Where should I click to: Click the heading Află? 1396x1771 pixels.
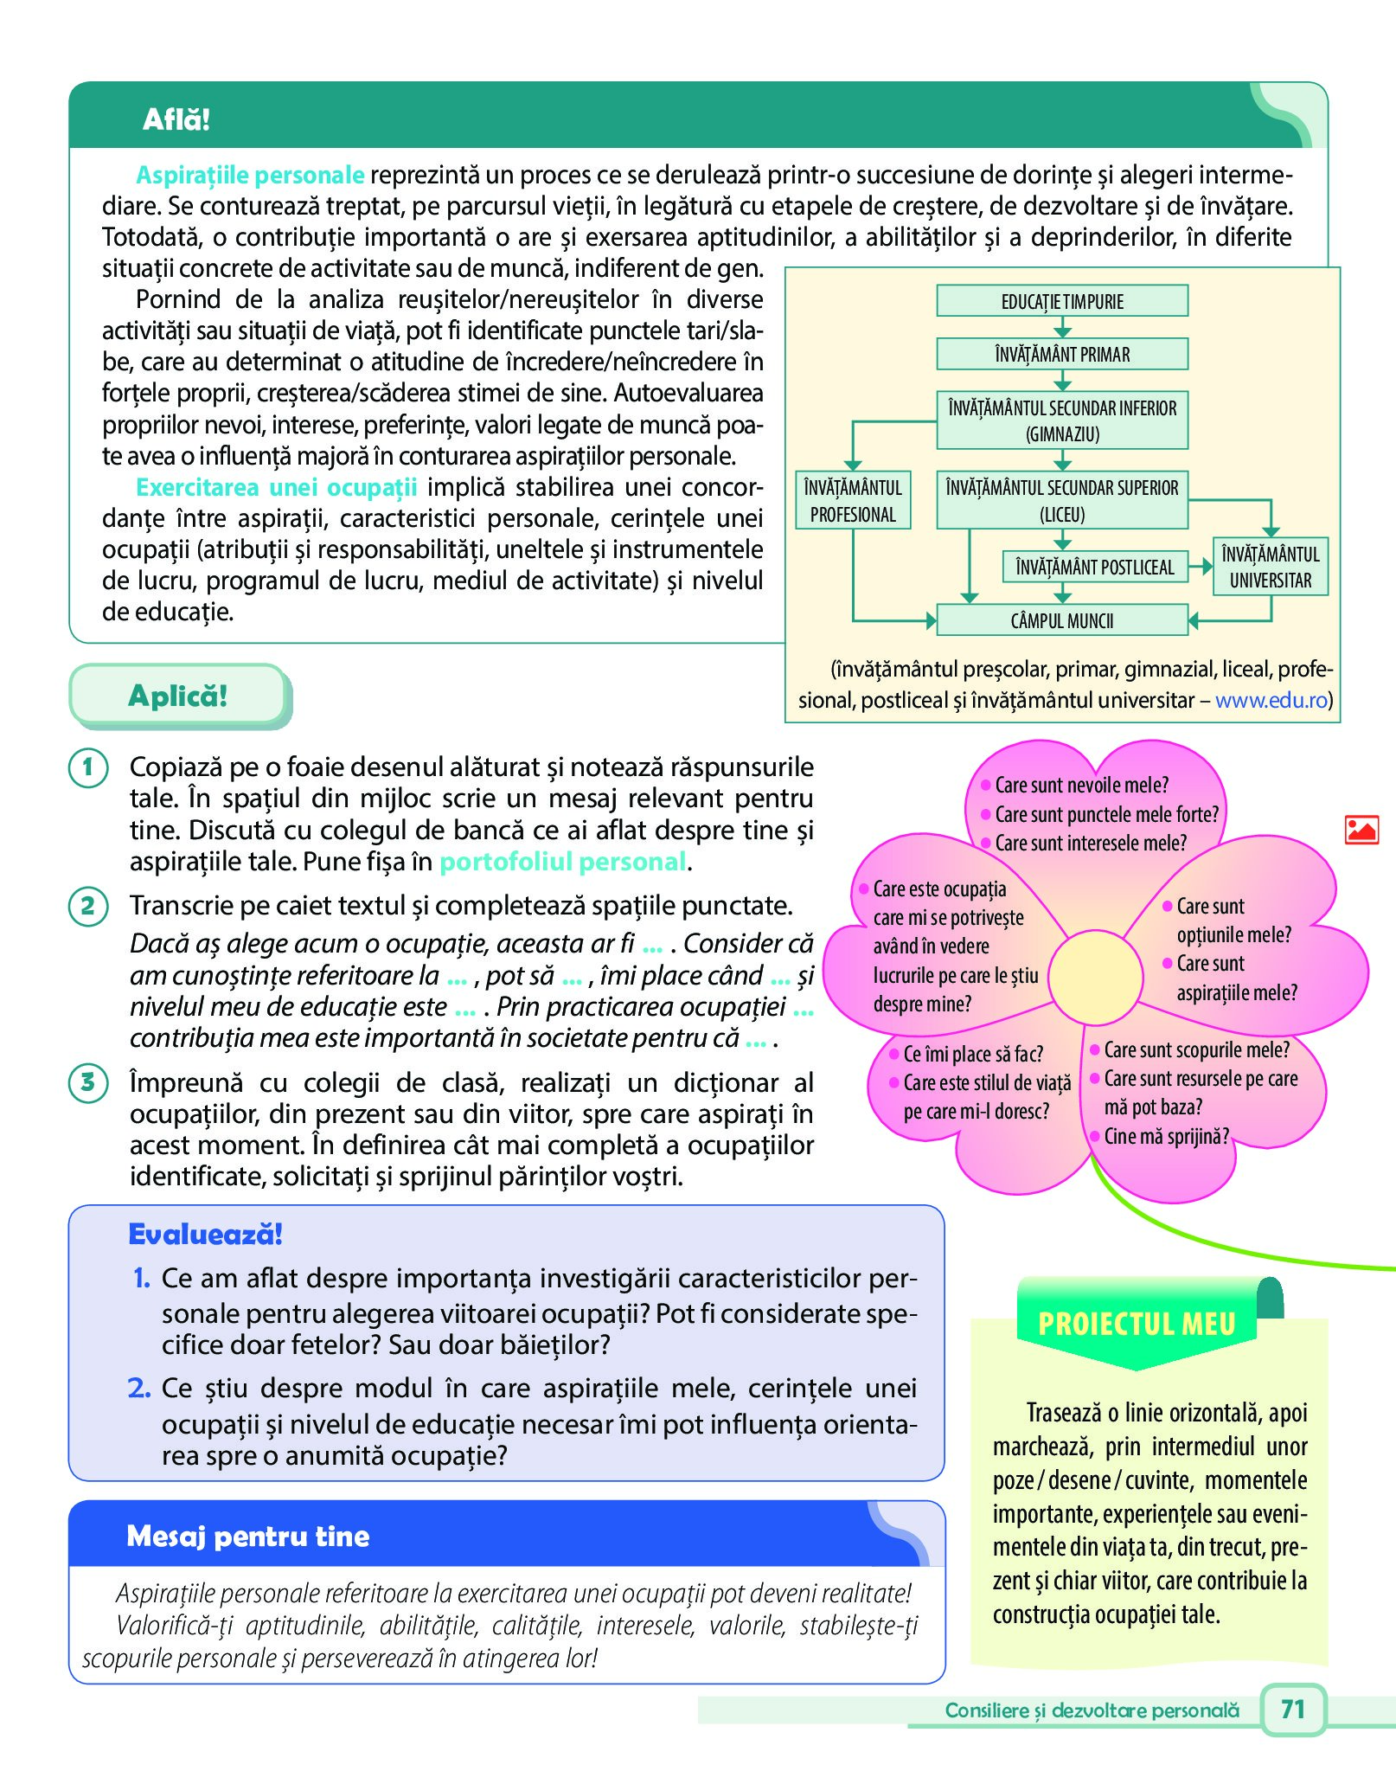pyautogui.click(x=176, y=119)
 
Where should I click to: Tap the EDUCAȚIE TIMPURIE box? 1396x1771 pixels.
pyautogui.click(x=1062, y=301)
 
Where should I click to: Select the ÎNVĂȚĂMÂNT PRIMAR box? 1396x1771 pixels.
pyautogui.click(x=1062, y=354)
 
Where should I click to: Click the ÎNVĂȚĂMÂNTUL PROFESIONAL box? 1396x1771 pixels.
pyautogui.click(x=853, y=501)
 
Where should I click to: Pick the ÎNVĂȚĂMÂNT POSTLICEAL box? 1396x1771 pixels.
pyautogui.click(x=1095, y=568)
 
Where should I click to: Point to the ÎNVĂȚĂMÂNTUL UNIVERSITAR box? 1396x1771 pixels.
pyautogui.click(x=1271, y=567)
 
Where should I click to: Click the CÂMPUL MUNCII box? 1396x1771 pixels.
pyautogui.click(x=1062, y=620)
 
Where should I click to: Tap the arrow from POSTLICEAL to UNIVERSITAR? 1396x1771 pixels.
pyautogui.click(x=1201, y=568)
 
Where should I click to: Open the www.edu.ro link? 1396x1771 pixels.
pyautogui.click(x=1271, y=700)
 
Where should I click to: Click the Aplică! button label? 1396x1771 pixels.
pyautogui.click(x=178, y=696)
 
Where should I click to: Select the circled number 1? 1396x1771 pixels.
pyautogui.click(x=88, y=767)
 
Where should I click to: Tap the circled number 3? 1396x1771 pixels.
pyautogui.click(x=88, y=1082)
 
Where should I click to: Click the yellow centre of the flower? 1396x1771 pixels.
pyautogui.click(x=1095, y=975)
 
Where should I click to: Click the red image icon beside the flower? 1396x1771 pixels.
pyautogui.click(x=1361, y=830)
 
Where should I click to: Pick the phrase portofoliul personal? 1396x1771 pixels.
pyautogui.click(x=563, y=862)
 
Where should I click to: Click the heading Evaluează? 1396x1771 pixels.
pyautogui.click(x=205, y=1235)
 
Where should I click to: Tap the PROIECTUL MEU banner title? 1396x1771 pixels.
pyautogui.click(x=1137, y=1324)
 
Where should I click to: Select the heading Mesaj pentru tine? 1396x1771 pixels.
pyautogui.click(x=248, y=1536)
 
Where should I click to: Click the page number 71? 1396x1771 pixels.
pyautogui.click(x=1292, y=1709)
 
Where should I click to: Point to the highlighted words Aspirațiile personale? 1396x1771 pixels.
pyautogui.click(x=250, y=175)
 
